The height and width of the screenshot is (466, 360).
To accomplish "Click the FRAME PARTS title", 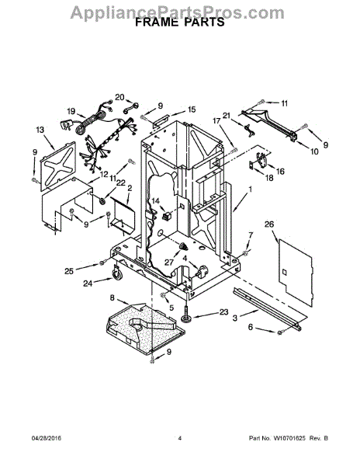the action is tap(180, 23).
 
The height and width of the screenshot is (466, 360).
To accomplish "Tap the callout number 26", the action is tap(269, 224).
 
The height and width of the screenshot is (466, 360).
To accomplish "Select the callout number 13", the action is tap(40, 130).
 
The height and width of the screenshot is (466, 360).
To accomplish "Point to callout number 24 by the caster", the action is tap(88, 283).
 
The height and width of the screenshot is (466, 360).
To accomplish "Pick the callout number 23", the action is tap(223, 311).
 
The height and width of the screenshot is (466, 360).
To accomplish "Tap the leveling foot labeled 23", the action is tap(186, 315).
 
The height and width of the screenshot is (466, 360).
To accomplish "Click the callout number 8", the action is tap(112, 297).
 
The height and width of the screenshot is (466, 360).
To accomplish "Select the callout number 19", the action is tap(71, 111).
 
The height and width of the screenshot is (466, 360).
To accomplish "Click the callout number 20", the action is tap(120, 97).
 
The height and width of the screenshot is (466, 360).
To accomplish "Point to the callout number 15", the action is tap(192, 110).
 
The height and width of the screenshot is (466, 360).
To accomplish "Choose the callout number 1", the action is tap(250, 189).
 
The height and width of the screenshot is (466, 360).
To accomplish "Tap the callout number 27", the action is tap(169, 263).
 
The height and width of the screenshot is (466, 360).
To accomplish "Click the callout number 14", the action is tap(155, 201).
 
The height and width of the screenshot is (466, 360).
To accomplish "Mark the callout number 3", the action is tap(235, 318).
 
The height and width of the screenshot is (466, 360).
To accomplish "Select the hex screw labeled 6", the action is tap(279, 332).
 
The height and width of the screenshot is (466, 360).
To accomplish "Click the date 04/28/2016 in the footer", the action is tap(47, 438).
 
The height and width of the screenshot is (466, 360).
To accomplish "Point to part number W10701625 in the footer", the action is tap(289, 438).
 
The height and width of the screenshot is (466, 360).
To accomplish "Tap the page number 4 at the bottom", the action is tap(179, 438).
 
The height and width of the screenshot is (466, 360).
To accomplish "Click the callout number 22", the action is tap(121, 183).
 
